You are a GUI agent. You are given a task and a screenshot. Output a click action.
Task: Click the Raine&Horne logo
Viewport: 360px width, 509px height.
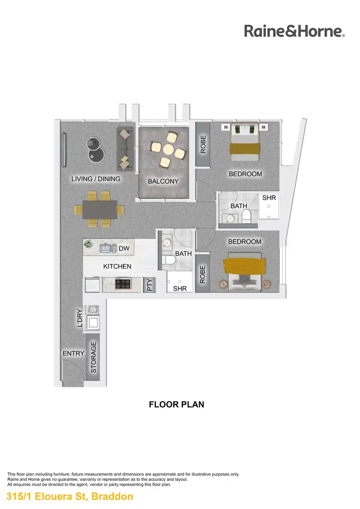[x=294, y=31]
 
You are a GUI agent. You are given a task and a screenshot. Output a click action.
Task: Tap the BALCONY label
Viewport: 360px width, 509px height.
[x=163, y=181]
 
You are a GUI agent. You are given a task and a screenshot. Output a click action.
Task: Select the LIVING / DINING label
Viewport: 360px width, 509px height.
[x=96, y=179]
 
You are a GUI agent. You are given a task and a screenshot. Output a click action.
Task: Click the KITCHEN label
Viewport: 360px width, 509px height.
[x=117, y=266]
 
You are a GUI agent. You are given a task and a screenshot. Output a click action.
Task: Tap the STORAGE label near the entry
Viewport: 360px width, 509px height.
[x=94, y=357]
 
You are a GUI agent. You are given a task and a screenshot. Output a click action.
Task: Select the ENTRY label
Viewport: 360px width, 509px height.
[x=73, y=354]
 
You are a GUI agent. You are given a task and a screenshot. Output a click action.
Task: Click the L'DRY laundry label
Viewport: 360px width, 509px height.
[x=80, y=319]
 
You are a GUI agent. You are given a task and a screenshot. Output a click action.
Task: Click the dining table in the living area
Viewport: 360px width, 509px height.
[x=99, y=210]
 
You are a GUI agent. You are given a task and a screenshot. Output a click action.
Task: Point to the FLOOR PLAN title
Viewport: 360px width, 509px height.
[x=177, y=404]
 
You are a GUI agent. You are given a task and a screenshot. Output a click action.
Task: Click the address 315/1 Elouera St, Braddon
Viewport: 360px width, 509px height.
[x=70, y=497]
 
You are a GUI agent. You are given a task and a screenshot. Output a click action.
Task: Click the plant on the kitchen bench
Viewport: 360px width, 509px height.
[x=88, y=245]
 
